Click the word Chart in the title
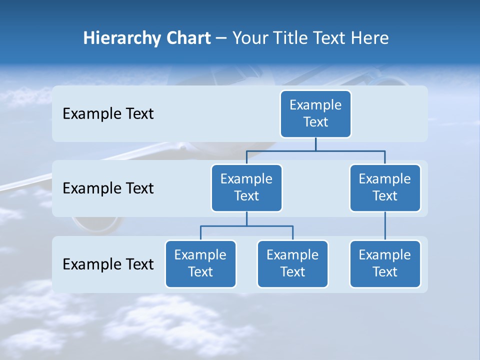click(188, 38)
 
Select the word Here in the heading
click(369, 38)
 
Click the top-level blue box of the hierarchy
click(315, 113)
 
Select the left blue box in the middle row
click(246, 187)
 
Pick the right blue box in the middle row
click(385, 187)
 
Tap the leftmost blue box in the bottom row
click(200, 263)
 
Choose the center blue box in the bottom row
click(292, 263)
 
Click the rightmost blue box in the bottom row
click(385, 263)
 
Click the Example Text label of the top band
click(108, 114)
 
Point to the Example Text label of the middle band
click(108, 188)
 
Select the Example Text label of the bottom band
click(108, 264)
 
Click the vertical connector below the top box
click(315, 144)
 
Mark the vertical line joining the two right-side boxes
click(385, 226)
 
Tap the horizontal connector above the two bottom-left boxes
click(246, 226)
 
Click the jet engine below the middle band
click(95, 225)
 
